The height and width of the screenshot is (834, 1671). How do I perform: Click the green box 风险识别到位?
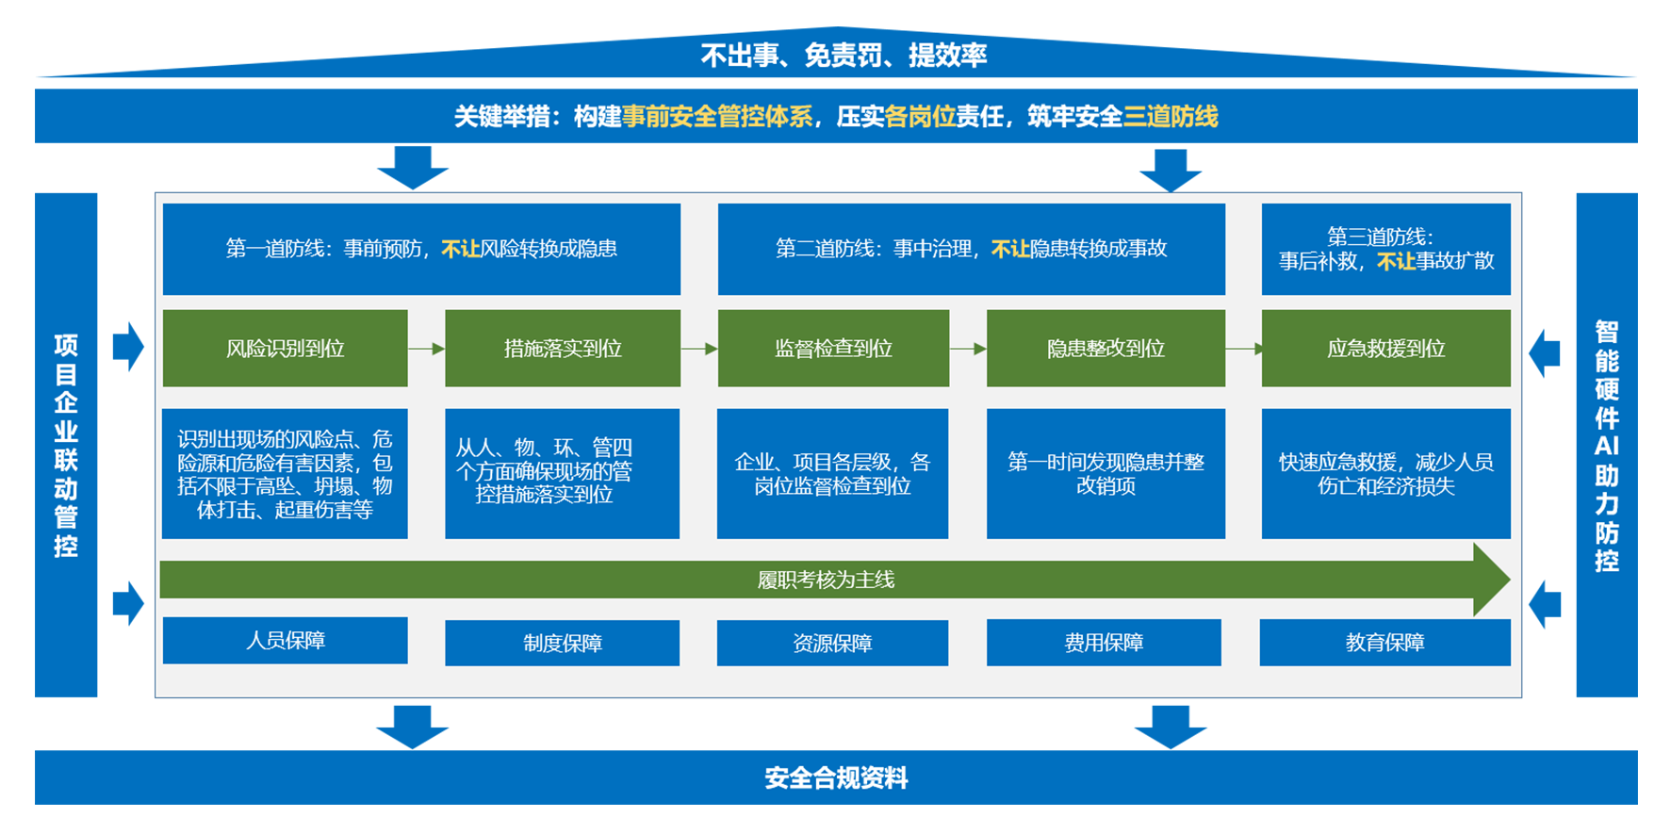285,349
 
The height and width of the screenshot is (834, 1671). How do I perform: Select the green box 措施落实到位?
562,349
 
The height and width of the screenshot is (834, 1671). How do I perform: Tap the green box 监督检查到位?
833,349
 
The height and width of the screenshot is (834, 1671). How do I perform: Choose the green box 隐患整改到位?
1106,349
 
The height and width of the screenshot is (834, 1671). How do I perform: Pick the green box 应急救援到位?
1385,349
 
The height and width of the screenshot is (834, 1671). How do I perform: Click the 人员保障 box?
285,641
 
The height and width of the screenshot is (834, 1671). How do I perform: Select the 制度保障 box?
562,643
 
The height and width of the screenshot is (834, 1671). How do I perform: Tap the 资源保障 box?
832,643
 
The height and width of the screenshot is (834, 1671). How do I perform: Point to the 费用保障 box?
1104,643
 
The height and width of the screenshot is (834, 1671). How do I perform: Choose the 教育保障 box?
1384,643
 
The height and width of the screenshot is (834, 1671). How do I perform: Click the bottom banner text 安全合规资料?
836,778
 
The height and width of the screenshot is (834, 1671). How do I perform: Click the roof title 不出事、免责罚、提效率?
844,56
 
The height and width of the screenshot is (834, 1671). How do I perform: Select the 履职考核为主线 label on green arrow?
826,580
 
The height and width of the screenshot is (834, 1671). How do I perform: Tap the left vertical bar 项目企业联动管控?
66,445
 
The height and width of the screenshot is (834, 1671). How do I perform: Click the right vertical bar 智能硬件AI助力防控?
1606,445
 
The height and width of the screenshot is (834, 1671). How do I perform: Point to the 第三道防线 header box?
1385,249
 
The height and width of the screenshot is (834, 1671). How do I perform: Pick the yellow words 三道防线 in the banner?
1171,117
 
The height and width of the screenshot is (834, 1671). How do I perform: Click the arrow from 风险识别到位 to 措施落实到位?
426,349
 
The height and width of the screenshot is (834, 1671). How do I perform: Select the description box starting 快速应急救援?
1385,474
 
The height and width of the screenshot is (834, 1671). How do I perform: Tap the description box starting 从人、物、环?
562,473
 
